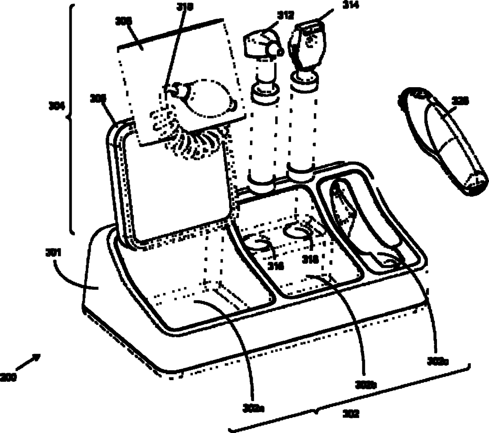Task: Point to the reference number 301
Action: [52, 252]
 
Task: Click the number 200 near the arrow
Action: [8, 377]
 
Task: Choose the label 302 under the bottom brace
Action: [351, 414]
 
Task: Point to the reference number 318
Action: [310, 259]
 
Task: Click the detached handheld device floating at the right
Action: [446, 142]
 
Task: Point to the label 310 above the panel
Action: [185, 7]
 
